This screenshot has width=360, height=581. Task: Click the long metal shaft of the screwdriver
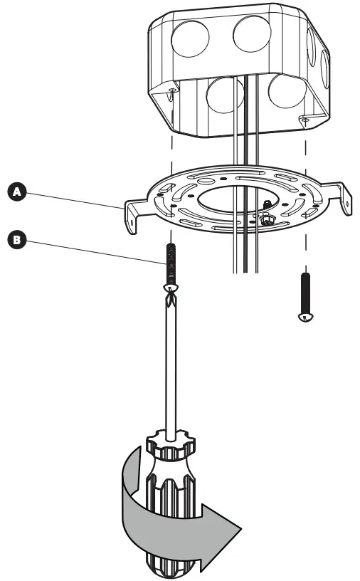pyautogui.click(x=172, y=370)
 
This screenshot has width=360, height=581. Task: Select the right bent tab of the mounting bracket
pyautogui.click(x=344, y=200)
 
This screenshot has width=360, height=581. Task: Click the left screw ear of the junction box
pyautogui.click(x=173, y=94)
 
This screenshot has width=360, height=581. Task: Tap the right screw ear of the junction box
pyautogui.click(x=304, y=118)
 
